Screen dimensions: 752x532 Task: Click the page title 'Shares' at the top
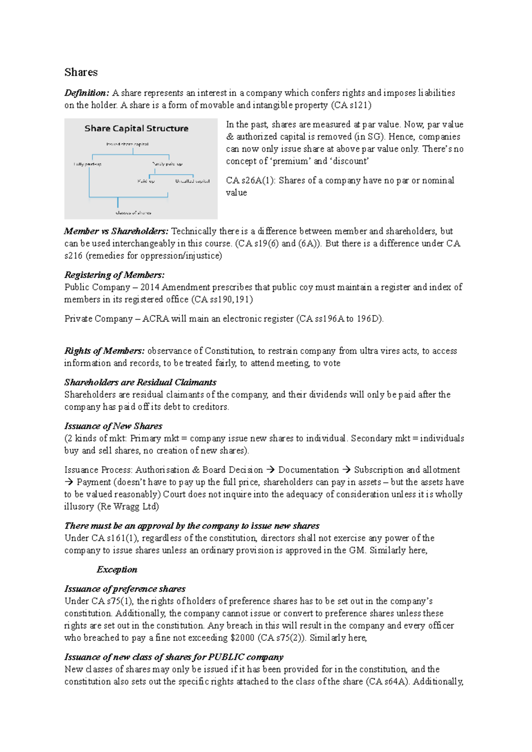(x=81, y=72)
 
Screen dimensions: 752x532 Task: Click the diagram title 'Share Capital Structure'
(x=136, y=128)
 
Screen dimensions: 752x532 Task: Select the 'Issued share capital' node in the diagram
(x=127, y=144)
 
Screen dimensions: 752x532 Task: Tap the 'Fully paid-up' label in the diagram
(x=87, y=164)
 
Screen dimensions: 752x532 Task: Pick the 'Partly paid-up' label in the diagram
(x=167, y=164)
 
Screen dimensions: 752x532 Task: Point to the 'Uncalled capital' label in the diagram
(x=192, y=181)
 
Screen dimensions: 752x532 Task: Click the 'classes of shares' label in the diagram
(x=133, y=213)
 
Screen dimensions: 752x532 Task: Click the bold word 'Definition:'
(x=86, y=93)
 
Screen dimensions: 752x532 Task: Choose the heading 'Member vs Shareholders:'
(x=116, y=231)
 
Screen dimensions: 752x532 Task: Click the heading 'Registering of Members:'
(x=114, y=275)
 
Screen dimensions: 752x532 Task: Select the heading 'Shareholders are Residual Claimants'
(x=140, y=382)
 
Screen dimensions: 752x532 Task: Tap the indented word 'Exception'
(x=117, y=570)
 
